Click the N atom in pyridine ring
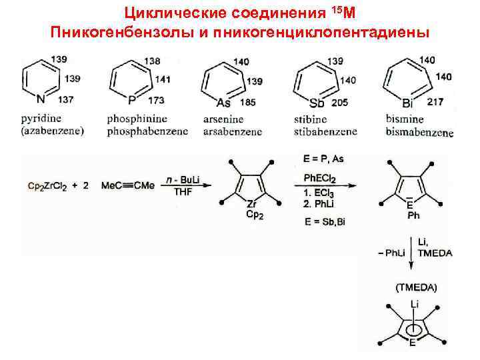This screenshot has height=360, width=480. tap(42, 100)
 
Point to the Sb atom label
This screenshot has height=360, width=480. tap(317, 102)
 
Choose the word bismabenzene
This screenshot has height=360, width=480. tap(419, 132)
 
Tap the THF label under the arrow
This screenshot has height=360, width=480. tap(181, 193)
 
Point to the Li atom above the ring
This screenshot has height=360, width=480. tap(414, 305)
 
